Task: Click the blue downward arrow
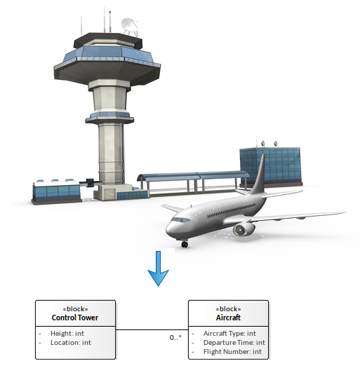(x=158, y=268)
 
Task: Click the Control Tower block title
(x=75, y=318)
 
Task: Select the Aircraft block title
(x=228, y=318)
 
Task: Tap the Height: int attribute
(x=67, y=333)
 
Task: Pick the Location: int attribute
(x=71, y=343)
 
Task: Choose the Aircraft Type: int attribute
(x=229, y=333)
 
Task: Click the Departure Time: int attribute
(x=234, y=343)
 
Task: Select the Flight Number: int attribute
(x=232, y=352)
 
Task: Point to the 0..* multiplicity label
(x=175, y=337)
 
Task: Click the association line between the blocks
(x=152, y=330)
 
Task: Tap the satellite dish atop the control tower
(x=130, y=26)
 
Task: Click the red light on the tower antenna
(x=110, y=12)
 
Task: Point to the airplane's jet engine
(x=244, y=229)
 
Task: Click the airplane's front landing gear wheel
(x=185, y=244)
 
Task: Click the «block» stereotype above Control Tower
(x=75, y=308)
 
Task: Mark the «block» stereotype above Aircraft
(x=228, y=308)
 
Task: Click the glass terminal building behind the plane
(x=271, y=166)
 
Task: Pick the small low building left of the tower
(x=56, y=192)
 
